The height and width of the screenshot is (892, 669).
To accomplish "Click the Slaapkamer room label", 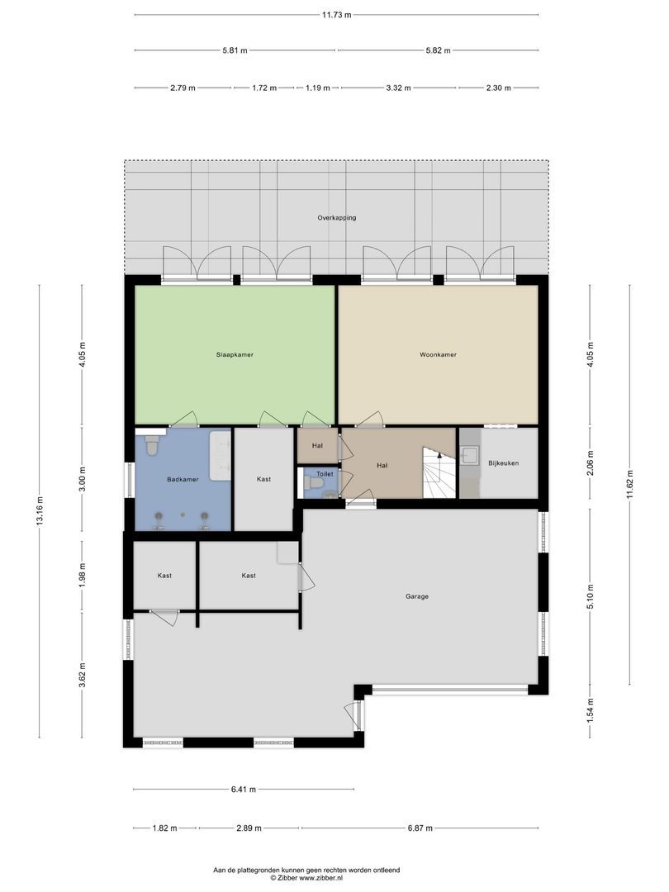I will (234, 354).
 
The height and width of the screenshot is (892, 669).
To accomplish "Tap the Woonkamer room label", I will (438, 354).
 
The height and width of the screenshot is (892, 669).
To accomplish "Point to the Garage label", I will (416, 595).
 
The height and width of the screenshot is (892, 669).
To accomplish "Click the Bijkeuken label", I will (503, 463).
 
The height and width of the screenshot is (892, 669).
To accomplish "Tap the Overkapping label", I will (336, 218).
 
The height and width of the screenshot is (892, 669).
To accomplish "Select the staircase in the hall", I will (439, 474).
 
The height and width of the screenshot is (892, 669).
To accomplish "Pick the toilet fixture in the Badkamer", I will (151, 447).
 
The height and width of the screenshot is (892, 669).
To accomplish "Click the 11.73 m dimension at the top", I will (336, 14).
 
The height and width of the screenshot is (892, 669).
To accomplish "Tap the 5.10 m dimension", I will (590, 595).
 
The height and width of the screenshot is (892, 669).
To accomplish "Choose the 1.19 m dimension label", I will (318, 88).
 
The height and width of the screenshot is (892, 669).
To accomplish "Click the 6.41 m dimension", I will (244, 790).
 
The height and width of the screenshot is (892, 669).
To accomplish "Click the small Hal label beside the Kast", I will (317, 446).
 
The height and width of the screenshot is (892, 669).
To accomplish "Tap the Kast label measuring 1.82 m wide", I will (164, 575).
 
